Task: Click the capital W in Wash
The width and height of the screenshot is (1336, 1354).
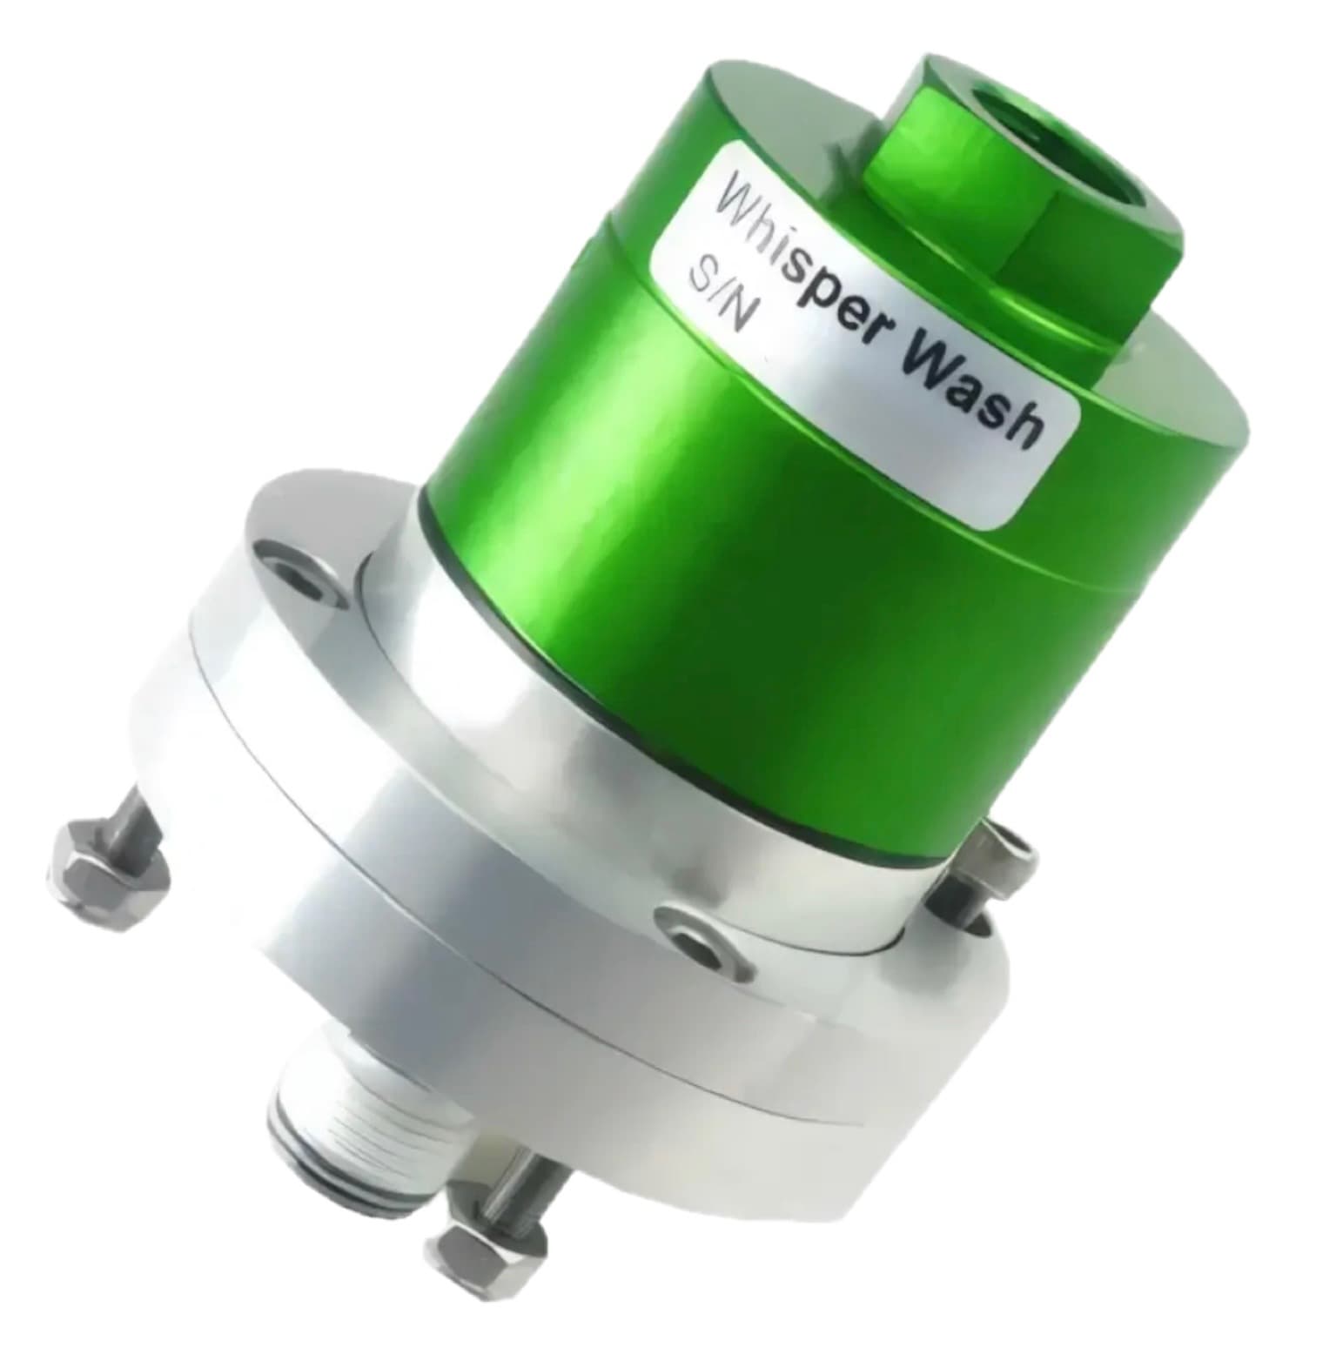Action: (933, 370)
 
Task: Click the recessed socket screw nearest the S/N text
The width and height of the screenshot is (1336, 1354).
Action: (296, 571)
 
